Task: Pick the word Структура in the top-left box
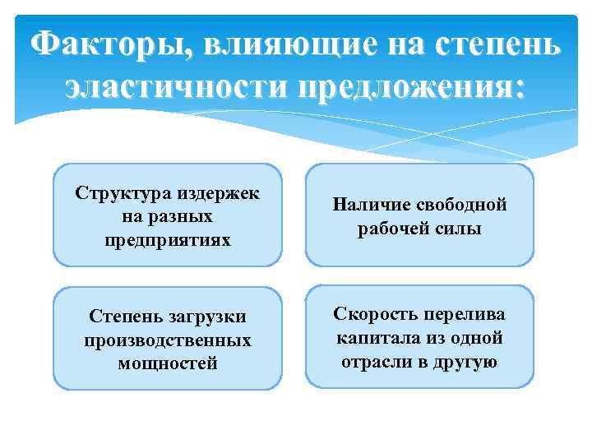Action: click(x=122, y=193)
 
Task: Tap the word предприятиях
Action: click(x=169, y=240)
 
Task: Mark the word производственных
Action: click(x=169, y=340)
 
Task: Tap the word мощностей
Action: click(x=169, y=363)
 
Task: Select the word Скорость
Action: click(x=372, y=315)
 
